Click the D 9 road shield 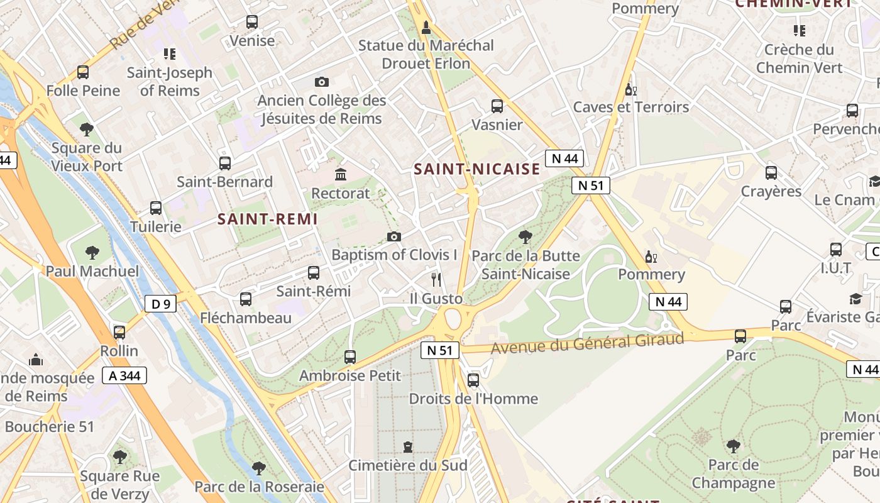(x=160, y=304)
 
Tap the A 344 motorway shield (x=123, y=376)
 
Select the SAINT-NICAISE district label (x=477, y=169)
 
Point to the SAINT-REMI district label (x=268, y=219)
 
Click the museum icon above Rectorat (x=341, y=174)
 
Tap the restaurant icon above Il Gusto (x=436, y=280)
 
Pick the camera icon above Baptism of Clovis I (x=394, y=236)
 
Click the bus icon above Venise (x=252, y=22)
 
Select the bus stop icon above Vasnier (x=497, y=106)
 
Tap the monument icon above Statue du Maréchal (x=426, y=27)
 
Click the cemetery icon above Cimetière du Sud (x=408, y=447)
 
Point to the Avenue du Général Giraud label (x=587, y=343)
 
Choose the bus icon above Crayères (x=771, y=172)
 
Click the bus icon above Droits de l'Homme (x=473, y=380)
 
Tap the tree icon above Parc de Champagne (x=733, y=446)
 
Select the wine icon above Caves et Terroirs (x=630, y=89)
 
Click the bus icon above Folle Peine (x=83, y=72)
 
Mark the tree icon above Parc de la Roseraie (x=258, y=468)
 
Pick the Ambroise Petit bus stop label (x=349, y=376)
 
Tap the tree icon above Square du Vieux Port (x=87, y=130)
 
